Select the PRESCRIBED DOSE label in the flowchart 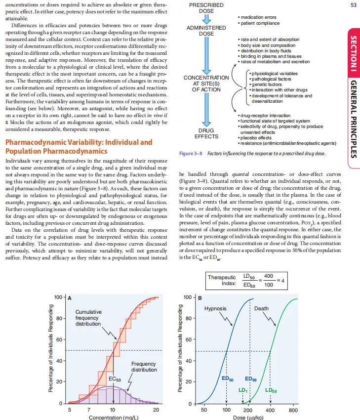click(x=206, y=7)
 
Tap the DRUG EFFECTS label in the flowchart click(x=206, y=133)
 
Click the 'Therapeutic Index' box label click(x=222, y=280)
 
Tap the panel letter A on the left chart click(x=70, y=298)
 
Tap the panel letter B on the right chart click(x=200, y=298)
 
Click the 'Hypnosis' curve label click(x=215, y=308)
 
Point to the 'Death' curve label click(x=261, y=308)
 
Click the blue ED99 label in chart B click(x=251, y=379)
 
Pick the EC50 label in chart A click(x=115, y=379)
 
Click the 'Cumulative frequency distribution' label click(x=89, y=318)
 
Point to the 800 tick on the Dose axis click(x=293, y=410)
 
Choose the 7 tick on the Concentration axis click(x=89, y=410)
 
